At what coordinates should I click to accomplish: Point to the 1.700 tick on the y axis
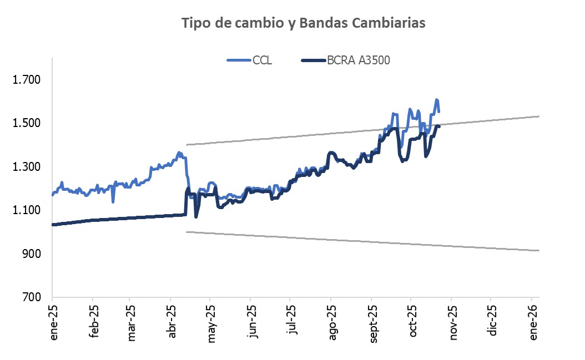click(x=27, y=80)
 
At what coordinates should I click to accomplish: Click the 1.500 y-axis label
click(x=27, y=123)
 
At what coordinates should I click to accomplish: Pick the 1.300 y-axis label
click(x=27, y=166)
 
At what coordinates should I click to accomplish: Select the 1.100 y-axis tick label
click(x=27, y=210)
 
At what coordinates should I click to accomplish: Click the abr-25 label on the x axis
click(x=172, y=322)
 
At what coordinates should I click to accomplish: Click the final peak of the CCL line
click(x=437, y=100)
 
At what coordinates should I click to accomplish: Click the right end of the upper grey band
click(x=539, y=116)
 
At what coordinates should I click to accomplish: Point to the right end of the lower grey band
click(x=539, y=251)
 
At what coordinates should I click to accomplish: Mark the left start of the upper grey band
click(x=187, y=145)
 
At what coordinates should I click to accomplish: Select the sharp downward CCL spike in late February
click(x=113, y=201)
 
